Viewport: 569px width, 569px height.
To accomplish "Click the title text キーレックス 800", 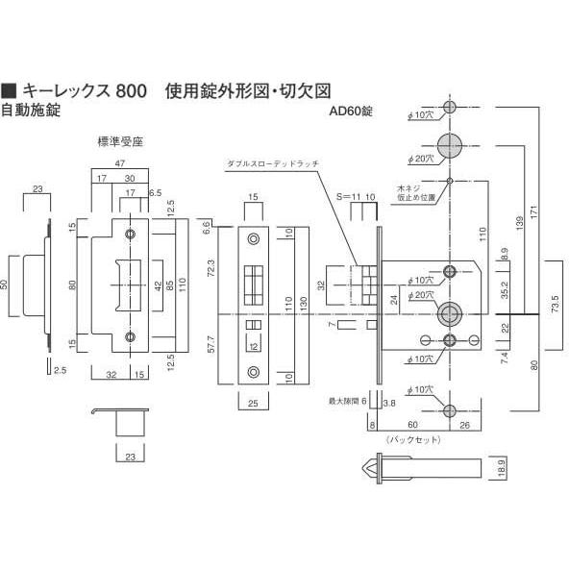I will [x=82, y=92].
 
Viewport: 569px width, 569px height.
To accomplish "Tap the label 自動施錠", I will [x=31, y=111].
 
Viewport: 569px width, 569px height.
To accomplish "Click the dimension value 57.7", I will [x=213, y=344].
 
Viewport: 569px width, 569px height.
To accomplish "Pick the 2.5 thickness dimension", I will [x=61, y=370].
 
